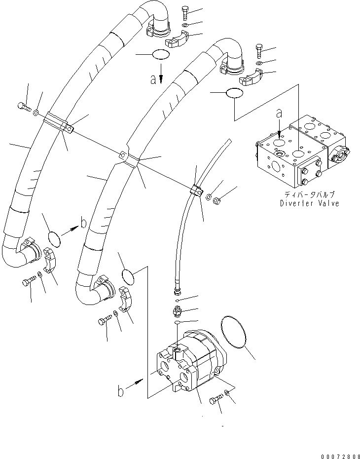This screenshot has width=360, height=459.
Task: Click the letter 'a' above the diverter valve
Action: [x=279, y=114]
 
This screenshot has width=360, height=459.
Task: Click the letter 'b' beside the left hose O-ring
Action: [x=84, y=223]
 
